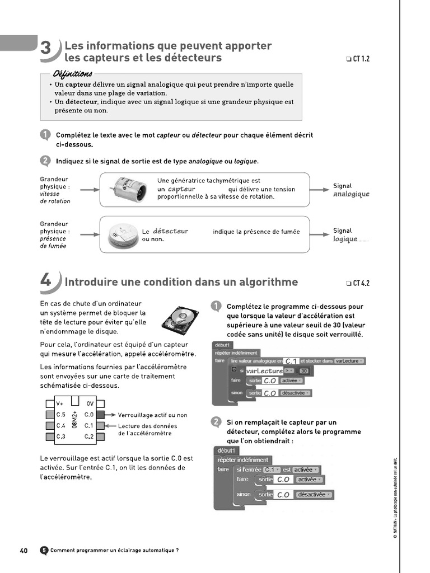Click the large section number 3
[46, 50]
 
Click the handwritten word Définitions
[73, 74]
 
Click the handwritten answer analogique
[351, 194]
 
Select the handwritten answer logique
[345, 239]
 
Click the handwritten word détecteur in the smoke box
[170, 231]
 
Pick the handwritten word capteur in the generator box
[181, 189]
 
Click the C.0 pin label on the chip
[89, 415]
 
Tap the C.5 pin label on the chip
[61, 415]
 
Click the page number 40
[24, 550]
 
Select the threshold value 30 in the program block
[304, 371]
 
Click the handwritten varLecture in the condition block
[264, 371]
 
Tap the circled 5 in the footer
[44, 550]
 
